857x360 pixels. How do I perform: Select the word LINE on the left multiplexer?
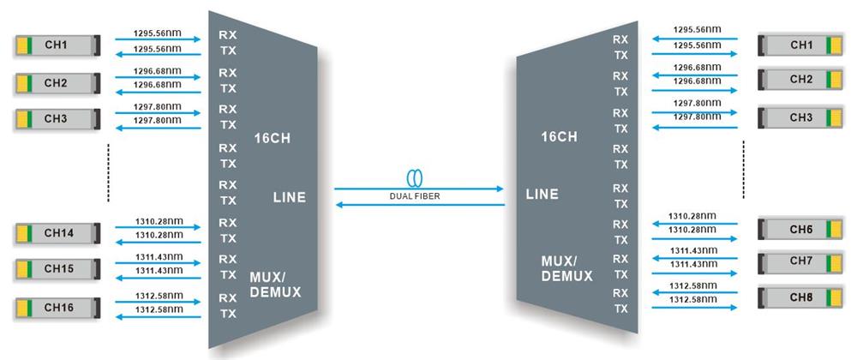289,198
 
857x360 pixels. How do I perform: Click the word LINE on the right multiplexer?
542,195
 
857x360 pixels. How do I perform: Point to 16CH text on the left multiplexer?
273,138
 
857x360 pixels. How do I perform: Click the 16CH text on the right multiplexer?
560,136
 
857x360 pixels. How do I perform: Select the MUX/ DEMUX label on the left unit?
275,285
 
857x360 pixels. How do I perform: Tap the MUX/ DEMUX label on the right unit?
566,267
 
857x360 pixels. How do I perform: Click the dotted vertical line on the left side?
109,174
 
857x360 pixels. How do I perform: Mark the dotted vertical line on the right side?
743,170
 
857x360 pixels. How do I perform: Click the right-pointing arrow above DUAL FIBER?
420,188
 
